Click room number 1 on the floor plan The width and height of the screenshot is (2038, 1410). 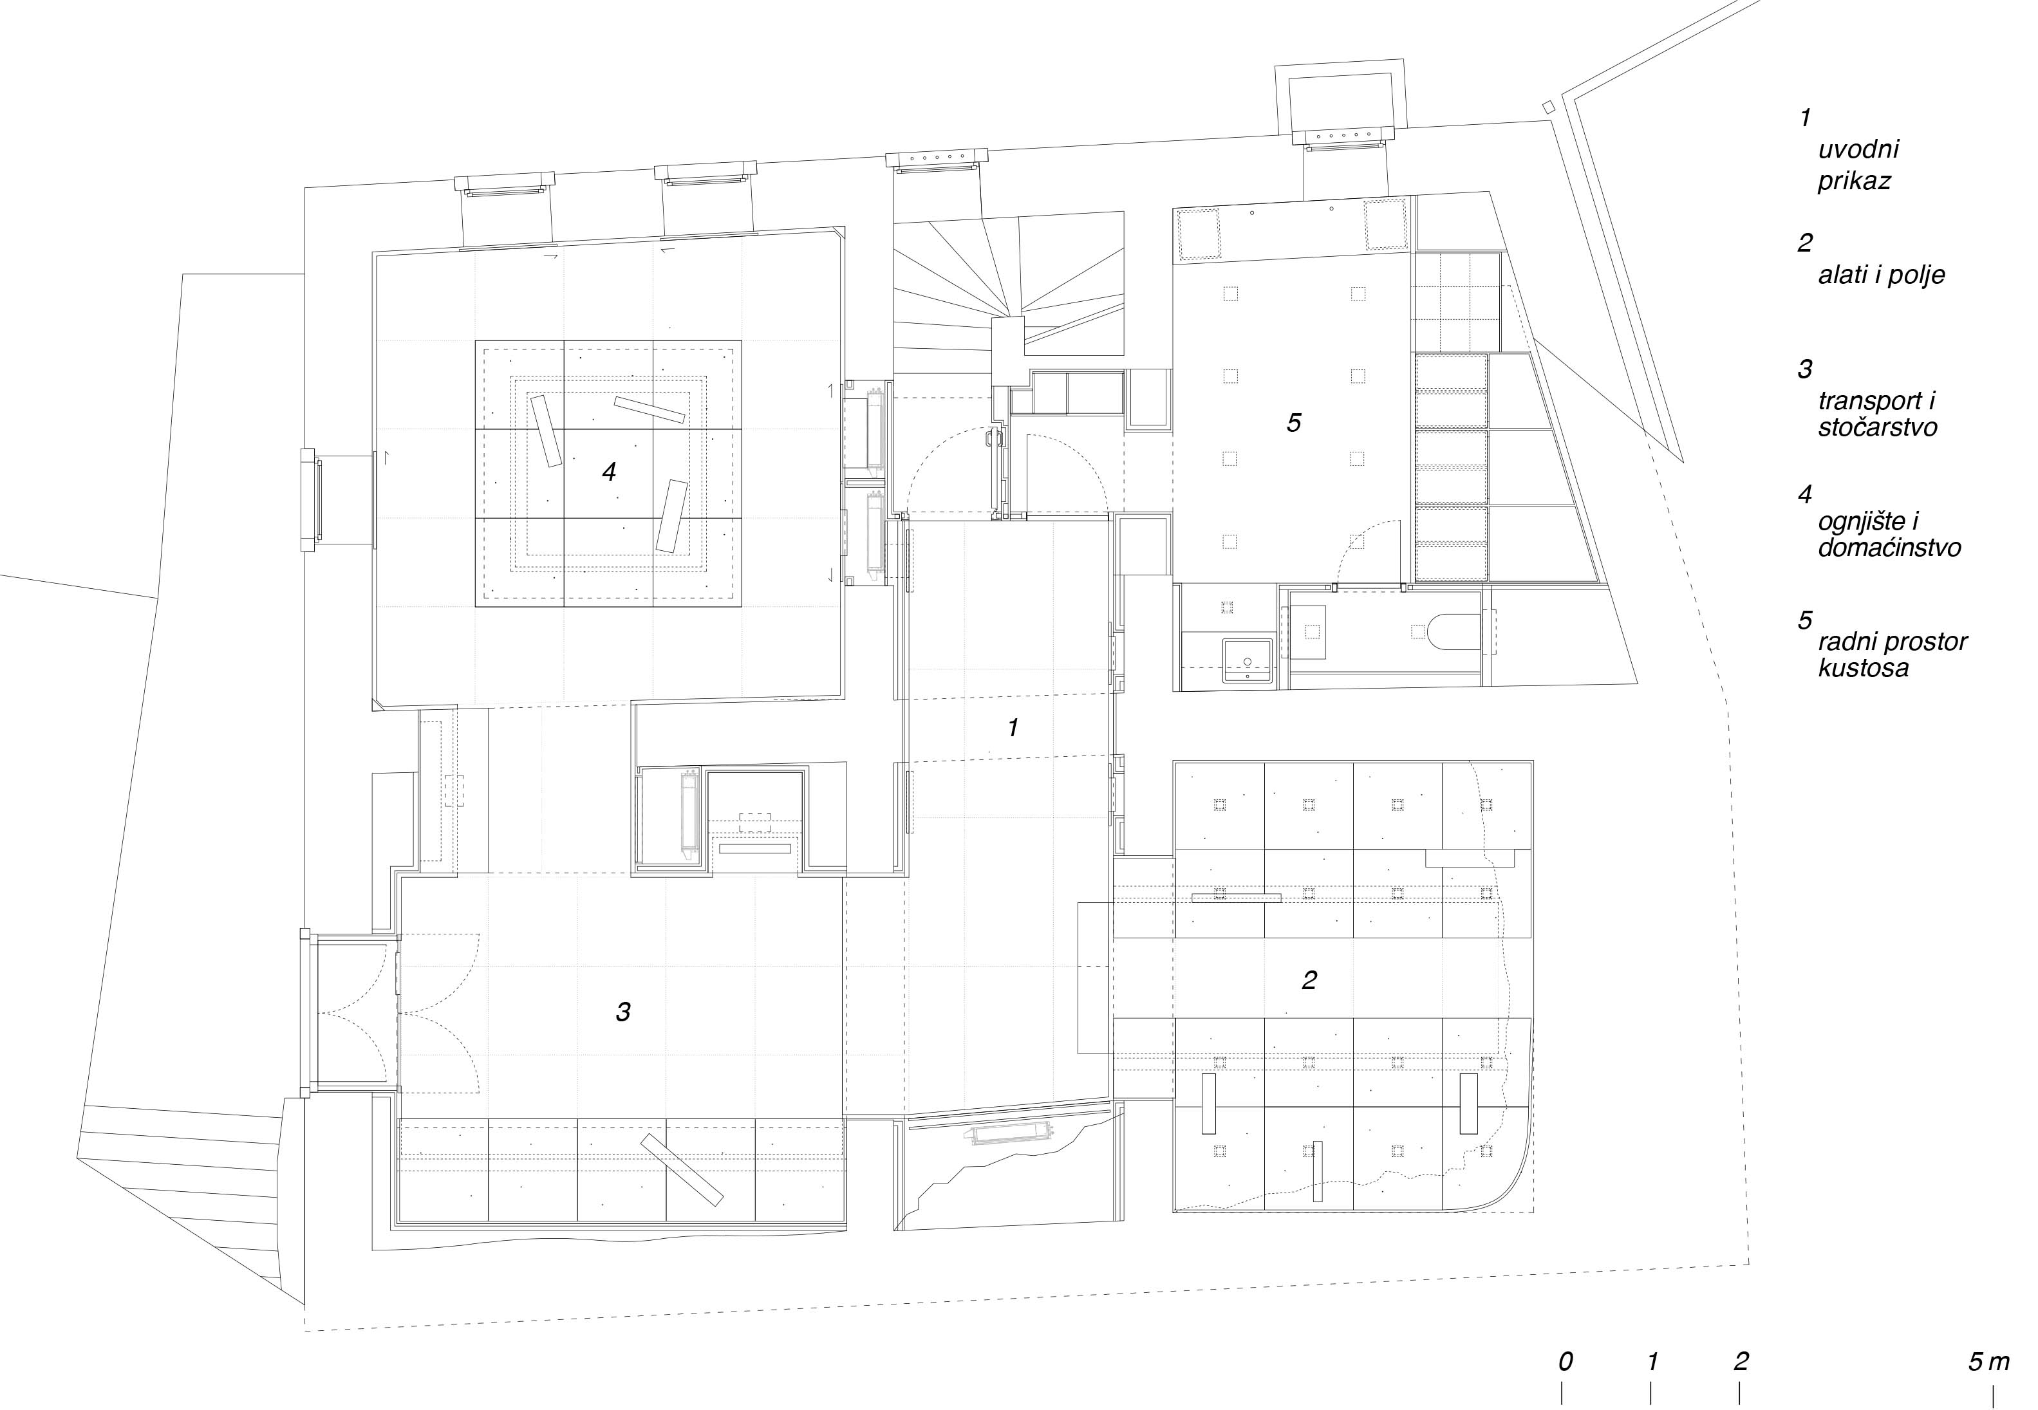coord(1013,728)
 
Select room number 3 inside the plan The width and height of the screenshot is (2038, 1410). coord(623,1012)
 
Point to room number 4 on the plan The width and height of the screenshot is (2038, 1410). coord(609,472)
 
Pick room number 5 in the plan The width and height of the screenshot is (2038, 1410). coord(1294,423)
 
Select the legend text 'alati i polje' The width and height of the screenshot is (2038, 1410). coord(1882,275)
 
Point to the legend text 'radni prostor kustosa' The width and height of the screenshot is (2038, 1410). coord(1892,654)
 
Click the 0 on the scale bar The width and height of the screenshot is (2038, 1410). coord(1565,1361)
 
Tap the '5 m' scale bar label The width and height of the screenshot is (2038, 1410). coord(1988,1361)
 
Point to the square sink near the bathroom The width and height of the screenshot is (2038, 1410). coord(1248,662)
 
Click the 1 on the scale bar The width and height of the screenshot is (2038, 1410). coord(1652,1361)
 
